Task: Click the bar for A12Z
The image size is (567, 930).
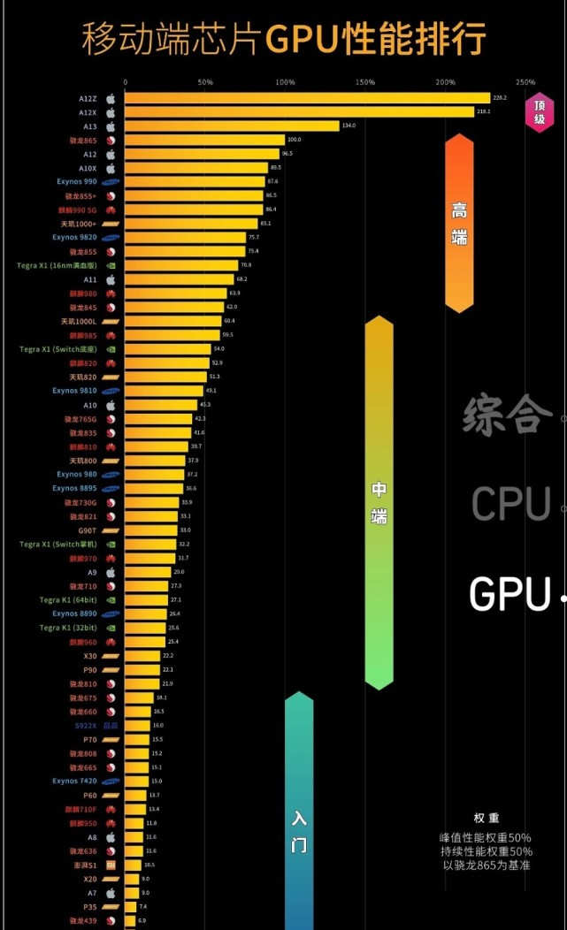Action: point(306,98)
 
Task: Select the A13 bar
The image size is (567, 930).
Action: point(232,126)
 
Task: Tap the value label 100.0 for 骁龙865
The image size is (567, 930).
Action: point(295,140)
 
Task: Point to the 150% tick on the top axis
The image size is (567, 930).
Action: point(365,82)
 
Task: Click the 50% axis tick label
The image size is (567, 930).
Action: point(205,82)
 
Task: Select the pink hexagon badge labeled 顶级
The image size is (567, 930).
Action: point(539,111)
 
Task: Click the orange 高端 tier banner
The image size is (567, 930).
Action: point(459,223)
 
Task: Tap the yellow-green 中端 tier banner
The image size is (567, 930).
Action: point(379,502)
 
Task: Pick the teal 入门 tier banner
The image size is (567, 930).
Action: point(299,813)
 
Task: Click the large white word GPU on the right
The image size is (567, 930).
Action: point(510,594)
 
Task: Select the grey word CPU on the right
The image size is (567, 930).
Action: point(510,504)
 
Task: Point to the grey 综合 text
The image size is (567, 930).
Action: point(502,414)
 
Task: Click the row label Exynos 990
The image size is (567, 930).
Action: point(77,181)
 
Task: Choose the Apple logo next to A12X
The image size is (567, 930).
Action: point(111,112)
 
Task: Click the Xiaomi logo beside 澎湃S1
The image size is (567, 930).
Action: point(111,865)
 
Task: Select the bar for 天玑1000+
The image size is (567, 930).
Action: point(191,224)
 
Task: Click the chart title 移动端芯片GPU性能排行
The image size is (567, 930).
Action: point(284,38)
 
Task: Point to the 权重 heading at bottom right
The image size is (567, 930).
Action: point(487,818)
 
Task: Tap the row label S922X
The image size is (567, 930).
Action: point(85,725)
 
